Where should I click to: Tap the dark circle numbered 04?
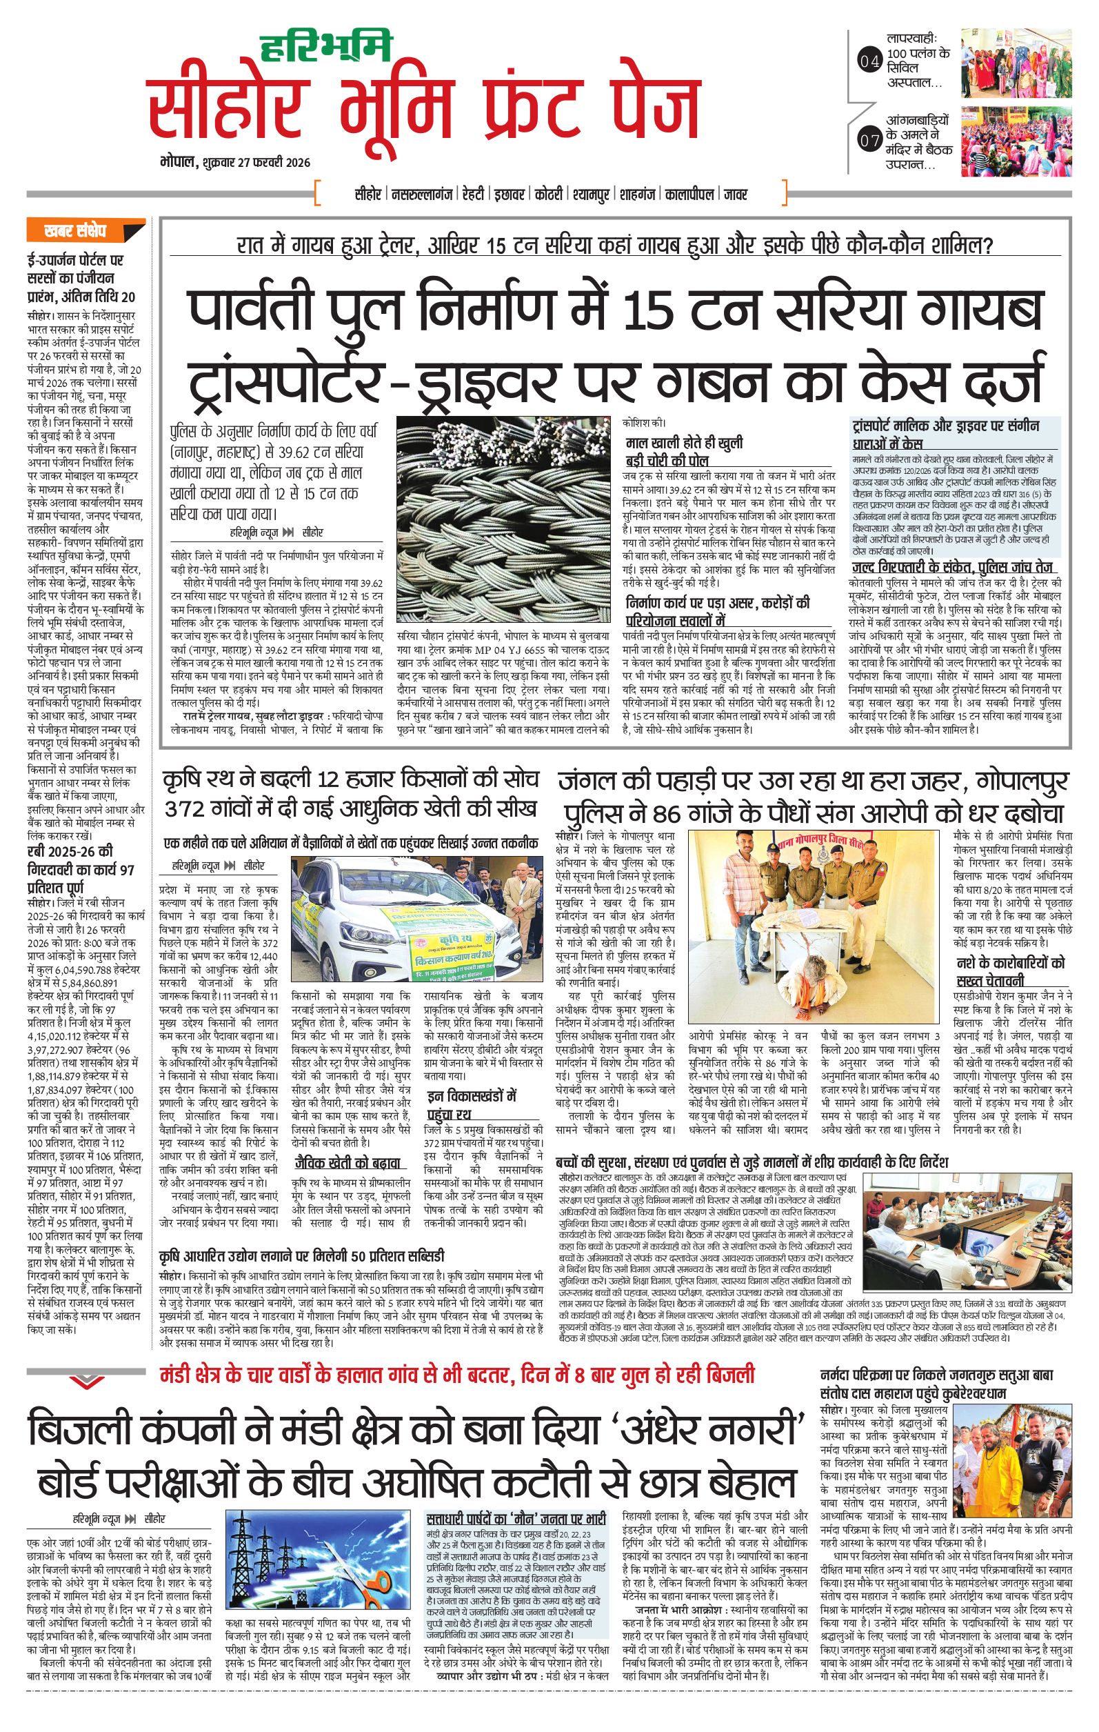click(869, 63)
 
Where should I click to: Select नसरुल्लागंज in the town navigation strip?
click(423, 195)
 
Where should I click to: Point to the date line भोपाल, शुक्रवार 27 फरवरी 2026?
click(235, 163)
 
